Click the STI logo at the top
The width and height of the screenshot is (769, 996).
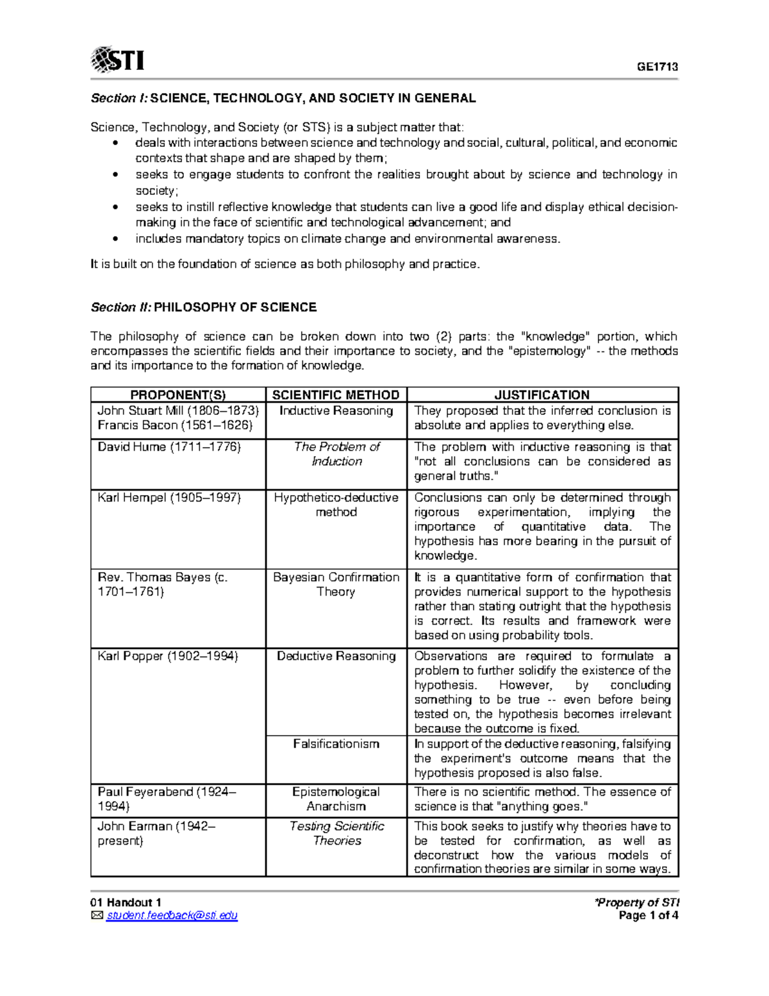tap(117, 60)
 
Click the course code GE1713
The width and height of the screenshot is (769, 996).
tap(657, 67)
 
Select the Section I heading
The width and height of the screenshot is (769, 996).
tap(283, 98)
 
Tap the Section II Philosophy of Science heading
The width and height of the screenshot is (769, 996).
tap(203, 307)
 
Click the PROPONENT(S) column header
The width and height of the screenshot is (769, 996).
tap(178, 395)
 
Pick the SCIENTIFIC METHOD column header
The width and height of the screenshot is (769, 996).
tap(336, 395)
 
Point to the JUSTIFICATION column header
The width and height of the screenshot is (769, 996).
tap(542, 395)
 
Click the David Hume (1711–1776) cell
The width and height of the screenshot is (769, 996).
tap(169, 447)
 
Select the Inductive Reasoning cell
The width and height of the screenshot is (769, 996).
tap(336, 411)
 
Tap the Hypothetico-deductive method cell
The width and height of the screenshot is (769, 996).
tap(336, 505)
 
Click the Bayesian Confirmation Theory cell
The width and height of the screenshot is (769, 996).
tap(336, 584)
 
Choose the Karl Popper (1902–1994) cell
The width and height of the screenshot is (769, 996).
tap(168, 656)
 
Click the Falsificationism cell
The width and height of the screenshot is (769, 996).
tap(336, 744)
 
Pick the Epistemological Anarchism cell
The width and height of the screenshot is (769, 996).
tap(336, 799)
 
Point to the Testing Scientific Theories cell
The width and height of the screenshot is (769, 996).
tap(336, 833)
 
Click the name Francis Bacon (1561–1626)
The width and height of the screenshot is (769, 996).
tap(175, 425)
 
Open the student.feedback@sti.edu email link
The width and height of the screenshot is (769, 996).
tap(172, 916)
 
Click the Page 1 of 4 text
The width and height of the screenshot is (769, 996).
tap(648, 916)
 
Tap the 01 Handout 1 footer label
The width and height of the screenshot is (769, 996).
tap(126, 902)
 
